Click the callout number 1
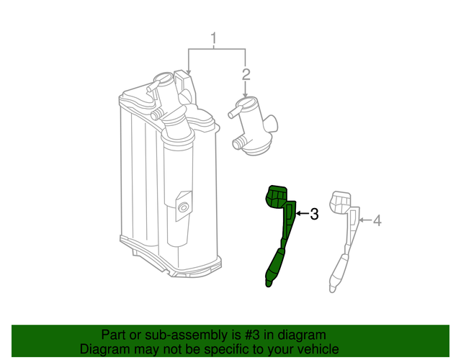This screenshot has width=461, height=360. click(213, 37)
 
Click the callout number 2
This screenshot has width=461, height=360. click(246, 74)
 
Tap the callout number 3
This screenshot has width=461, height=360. click(314, 214)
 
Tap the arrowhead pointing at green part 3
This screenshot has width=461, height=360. click(298, 214)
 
